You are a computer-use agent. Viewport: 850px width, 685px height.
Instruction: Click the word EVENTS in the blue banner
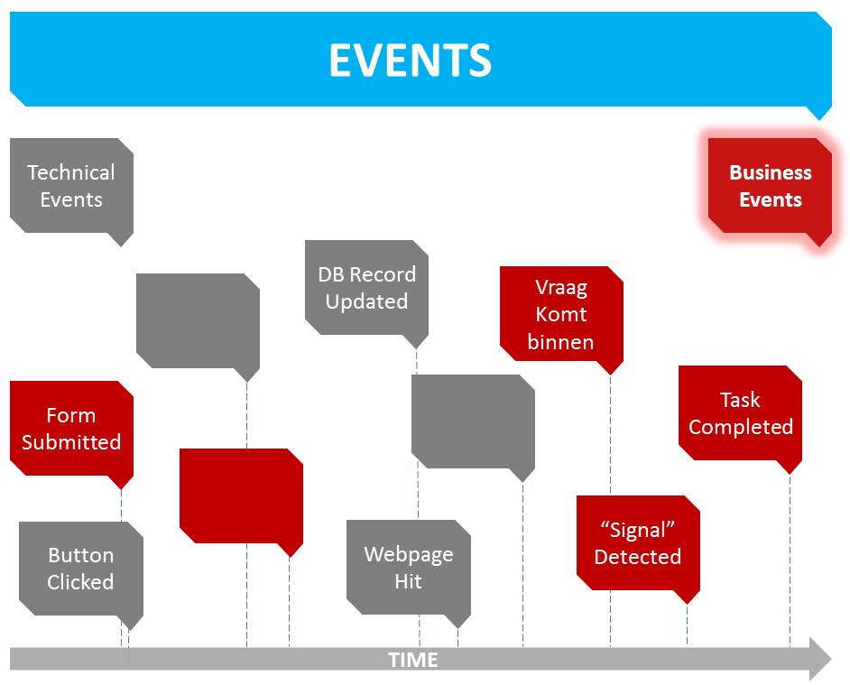click(x=410, y=60)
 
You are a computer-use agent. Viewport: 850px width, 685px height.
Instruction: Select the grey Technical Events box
click(x=71, y=186)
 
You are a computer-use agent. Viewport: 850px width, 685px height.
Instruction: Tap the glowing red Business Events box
click(x=770, y=186)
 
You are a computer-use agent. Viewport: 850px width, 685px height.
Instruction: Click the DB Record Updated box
click(x=366, y=288)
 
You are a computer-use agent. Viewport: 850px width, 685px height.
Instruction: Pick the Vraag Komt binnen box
click(x=561, y=314)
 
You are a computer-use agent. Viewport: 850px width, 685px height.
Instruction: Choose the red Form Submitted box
click(x=71, y=429)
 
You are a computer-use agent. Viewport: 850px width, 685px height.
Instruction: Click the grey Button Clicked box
click(x=80, y=569)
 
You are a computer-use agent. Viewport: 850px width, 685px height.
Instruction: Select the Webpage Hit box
click(x=408, y=568)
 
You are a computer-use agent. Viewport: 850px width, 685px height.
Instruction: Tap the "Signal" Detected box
click(x=638, y=543)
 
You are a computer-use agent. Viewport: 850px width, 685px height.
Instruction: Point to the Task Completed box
click(x=740, y=413)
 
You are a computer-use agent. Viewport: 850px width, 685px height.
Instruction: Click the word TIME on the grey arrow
click(x=412, y=660)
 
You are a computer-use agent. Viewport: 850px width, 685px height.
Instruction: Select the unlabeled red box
click(x=241, y=495)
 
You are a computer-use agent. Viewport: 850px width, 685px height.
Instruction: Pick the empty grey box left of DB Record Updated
click(x=198, y=320)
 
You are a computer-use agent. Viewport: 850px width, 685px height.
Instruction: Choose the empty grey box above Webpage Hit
click(x=473, y=421)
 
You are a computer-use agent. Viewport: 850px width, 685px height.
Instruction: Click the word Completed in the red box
click(x=741, y=427)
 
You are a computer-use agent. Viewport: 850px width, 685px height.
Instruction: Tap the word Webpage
click(x=408, y=554)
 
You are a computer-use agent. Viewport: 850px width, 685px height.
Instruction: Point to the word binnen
click(x=561, y=342)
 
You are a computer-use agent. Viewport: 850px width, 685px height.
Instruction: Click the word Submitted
click(x=71, y=442)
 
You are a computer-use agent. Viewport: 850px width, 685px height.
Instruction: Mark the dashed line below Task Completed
click(x=790, y=560)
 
